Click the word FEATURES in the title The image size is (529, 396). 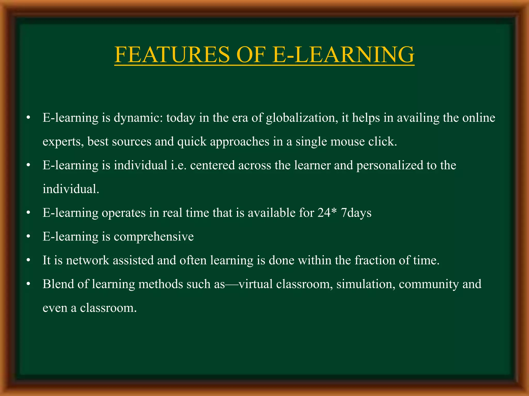pyautogui.click(x=172, y=54)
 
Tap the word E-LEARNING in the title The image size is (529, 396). pyautogui.click(x=343, y=54)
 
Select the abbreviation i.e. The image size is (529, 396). pyautogui.click(x=179, y=165)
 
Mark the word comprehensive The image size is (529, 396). pyautogui.click(x=154, y=237)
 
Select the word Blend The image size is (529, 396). pyautogui.click(x=58, y=284)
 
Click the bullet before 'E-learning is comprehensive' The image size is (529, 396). pyautogui.click(x=28, y=237)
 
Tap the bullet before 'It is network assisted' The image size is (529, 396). pyautogui.click(x=28, y=260)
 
